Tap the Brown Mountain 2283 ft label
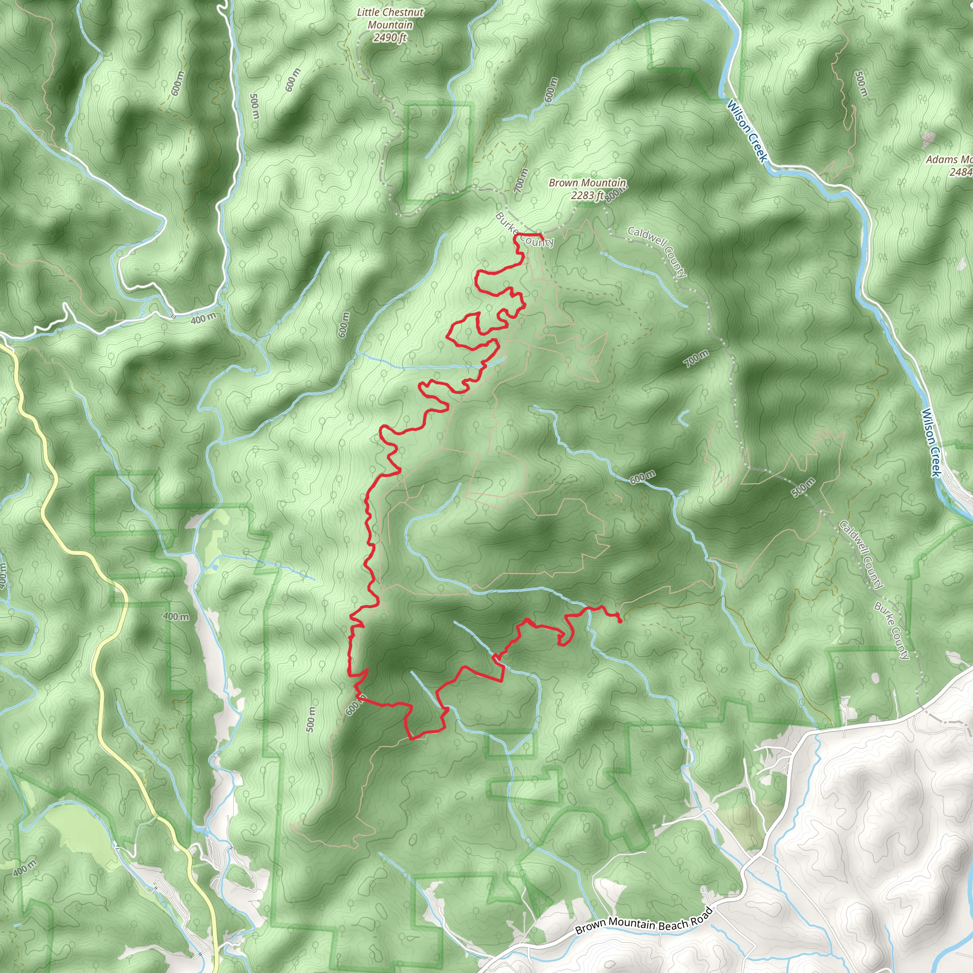tap(587, 189)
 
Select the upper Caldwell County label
tap(657, 252)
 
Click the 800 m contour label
tap(614, 195)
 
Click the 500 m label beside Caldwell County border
tap(803, 487)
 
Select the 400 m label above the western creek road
tap(203, 318)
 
